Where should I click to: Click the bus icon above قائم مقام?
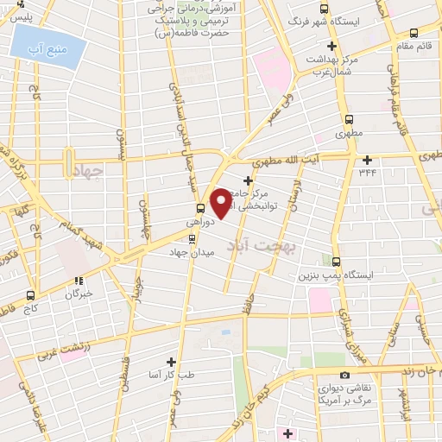click(414, 32)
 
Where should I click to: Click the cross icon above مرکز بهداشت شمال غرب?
click(331, 46)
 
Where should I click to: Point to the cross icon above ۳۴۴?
click(368, 160)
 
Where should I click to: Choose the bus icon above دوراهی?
click(200, 207)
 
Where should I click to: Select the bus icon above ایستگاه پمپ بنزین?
click(336, 262)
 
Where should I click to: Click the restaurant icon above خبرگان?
click(78, 281)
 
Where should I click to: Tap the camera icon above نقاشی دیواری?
click(344, 375)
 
